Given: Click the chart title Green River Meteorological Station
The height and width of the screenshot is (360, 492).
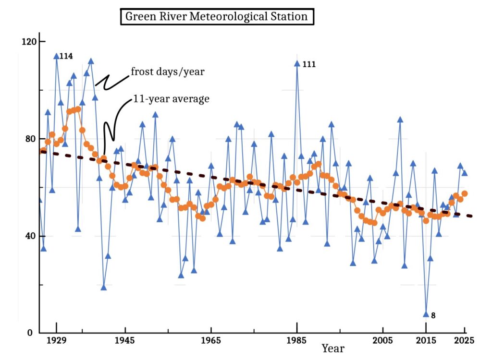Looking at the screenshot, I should (x=216, y=17).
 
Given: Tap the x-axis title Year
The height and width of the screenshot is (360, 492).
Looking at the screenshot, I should (x=332, y=348).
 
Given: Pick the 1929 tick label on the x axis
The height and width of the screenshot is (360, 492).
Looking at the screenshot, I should (x=57, y=341).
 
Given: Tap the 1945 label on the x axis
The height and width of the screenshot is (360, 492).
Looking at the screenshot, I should (x=125, y=341).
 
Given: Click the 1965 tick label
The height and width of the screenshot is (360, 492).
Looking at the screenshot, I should (x=210, y=341).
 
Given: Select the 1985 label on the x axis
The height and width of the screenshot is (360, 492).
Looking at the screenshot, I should (x=296, y=341).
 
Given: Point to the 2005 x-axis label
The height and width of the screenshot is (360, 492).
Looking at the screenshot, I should (x=382, y=341).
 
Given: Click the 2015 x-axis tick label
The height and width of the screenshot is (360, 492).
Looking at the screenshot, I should (x=425, y=341).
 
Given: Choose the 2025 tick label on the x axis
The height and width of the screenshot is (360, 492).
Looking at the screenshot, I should (x=465, y=341).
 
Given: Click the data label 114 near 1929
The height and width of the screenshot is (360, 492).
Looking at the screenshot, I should (x=66, y=57).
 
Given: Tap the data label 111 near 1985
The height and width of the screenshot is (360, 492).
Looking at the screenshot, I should (x=309, y=64).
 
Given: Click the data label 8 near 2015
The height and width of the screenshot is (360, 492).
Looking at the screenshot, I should (x=433, y=315).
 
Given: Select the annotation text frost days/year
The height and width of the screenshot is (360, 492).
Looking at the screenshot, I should (x=168, y=72).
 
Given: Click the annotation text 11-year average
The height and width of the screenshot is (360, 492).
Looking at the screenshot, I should (x=171, y=99).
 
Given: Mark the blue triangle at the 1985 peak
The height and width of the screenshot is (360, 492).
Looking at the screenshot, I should (x=297, y=63).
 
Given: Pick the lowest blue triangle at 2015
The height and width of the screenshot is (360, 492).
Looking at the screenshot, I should (x=426, y=314).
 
